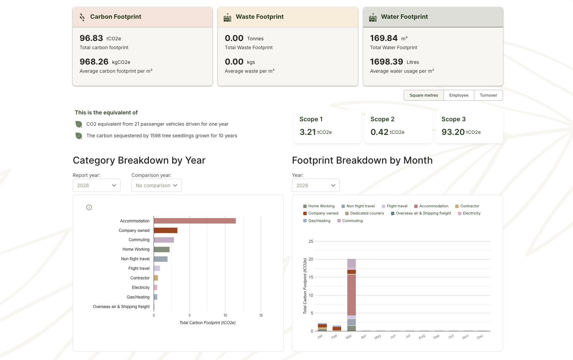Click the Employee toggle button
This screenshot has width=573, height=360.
pos(459,95)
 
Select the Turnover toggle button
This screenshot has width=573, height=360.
pos(488,95)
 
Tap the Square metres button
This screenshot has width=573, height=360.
pos(423,95)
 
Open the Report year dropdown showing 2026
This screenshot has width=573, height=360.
pos(97,185)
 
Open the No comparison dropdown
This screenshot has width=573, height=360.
pos(156,185)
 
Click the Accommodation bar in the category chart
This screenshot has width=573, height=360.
pos(195,221)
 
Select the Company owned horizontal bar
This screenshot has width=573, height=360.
pos(166,231)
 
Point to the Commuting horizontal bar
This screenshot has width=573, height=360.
pos(164,240)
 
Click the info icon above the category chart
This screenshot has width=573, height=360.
pos(89,207)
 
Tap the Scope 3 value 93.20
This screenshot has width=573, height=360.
pos(453,132)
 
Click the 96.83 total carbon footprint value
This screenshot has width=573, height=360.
pos(91,38)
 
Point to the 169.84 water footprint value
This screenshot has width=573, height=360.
pos(384,38)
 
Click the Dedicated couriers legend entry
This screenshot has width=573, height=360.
pos(364,213)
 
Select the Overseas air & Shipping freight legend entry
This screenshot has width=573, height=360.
pos(421,213)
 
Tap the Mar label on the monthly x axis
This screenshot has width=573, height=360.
pos(349,337)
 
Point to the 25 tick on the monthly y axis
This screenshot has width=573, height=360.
pos(311,241)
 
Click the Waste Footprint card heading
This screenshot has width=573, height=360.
pos(260,17)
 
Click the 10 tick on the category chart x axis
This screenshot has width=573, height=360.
pos(225,315)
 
